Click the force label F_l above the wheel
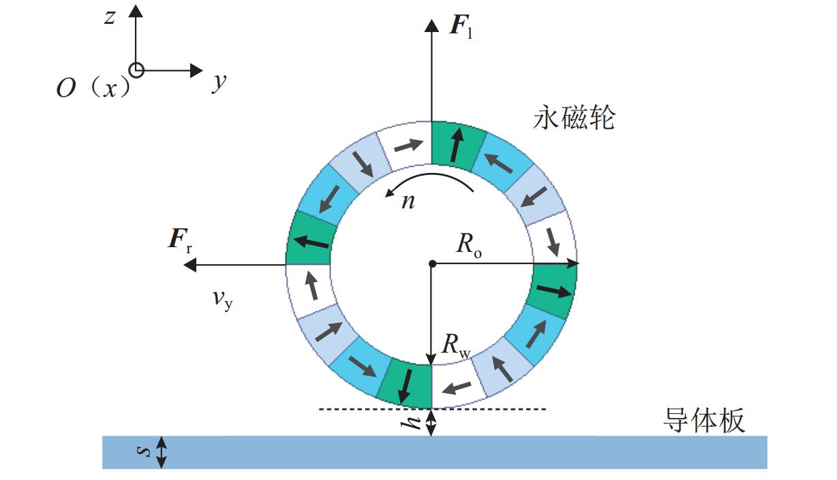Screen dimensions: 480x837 (x=461, y=28)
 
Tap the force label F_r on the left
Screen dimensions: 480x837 (x=180, y=242)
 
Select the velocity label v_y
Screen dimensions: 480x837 (x=222, y=299)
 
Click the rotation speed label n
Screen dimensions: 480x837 (x=408, y=202)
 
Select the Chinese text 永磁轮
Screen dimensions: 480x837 (x=574, y=118)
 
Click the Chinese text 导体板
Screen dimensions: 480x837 (x=704, y=421)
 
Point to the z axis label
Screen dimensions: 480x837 (x=109, y=18)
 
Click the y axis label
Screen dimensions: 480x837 (x=218, y=82)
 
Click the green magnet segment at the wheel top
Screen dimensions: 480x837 (x=458, y=144)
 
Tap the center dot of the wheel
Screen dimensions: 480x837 (x=431, y=263)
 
